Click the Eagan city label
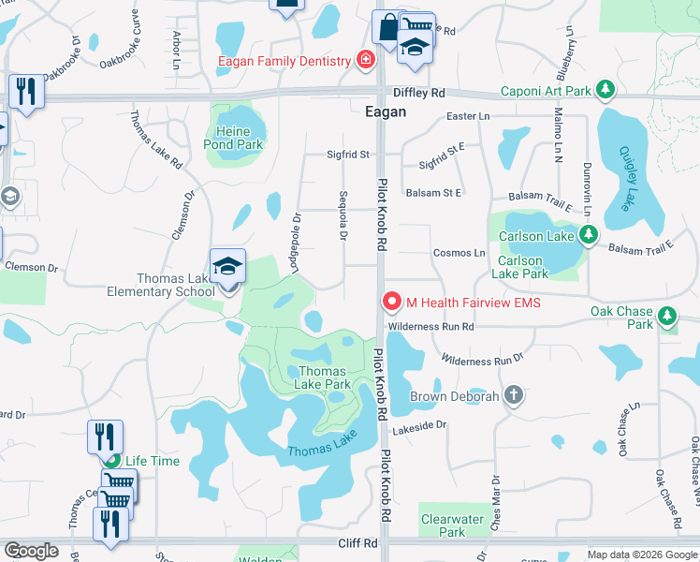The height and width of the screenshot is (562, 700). click(x=385, y=111)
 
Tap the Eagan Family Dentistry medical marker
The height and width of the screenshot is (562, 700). click(x=365, y=62)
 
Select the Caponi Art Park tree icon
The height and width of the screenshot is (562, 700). click(x=606, y=91)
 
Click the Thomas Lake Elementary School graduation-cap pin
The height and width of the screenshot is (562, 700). click(x=227, y=266)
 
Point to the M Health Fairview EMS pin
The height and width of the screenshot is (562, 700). click(x=391, y=302)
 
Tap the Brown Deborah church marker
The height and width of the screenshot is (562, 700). click(x=512, y=396)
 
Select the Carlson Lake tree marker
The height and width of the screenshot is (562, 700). click(x=588, y=236)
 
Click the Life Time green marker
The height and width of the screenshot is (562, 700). click(x=112, y=461)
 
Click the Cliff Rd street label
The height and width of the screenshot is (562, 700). click(x=357, y=543)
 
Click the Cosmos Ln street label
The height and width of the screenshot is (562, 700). click(x=459, y=253)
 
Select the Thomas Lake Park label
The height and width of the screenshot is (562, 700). click(x=324, y=377)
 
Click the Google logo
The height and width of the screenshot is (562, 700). click(x=32, y=551)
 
